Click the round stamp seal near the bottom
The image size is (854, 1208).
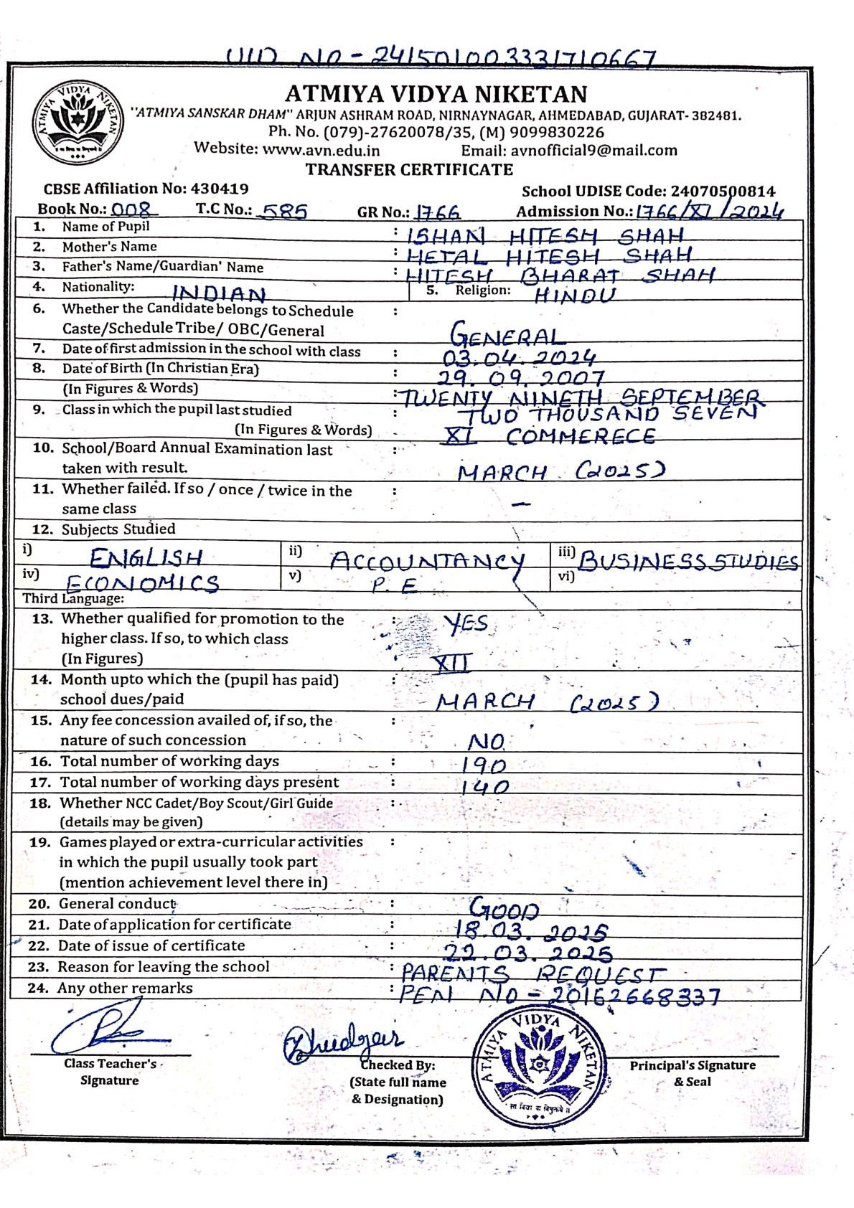[539, 1064]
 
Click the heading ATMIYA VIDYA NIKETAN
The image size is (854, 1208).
[436, 94]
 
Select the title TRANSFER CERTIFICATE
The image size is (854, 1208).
[409, 170]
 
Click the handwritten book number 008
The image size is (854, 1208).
[134, 210]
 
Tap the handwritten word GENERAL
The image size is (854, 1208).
[506, 336]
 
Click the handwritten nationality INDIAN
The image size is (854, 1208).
[219, 293]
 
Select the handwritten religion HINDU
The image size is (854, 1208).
[575, 295]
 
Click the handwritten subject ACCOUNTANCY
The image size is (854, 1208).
[427, 561]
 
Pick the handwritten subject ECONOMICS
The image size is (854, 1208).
[141, 583]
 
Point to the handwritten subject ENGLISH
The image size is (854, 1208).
[146, 557]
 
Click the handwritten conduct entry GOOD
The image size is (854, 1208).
[504, 910]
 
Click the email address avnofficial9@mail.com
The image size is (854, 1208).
[593, 150]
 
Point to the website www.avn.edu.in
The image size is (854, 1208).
[321, 150]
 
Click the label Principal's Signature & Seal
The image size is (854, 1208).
[693, 1073]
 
